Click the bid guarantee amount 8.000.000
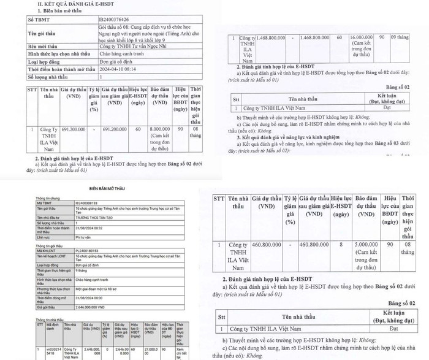pyautogui.click(x=161, y=129)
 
